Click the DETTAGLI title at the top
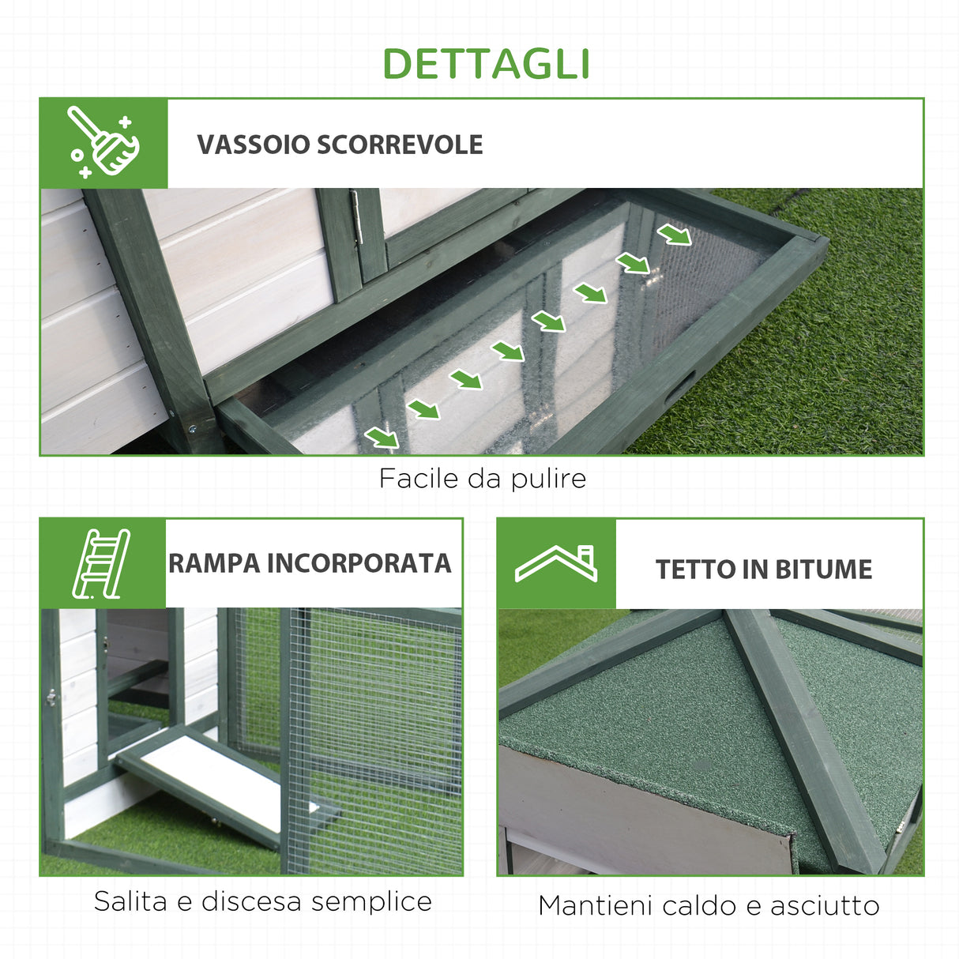[486, 65]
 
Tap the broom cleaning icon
[103, 143]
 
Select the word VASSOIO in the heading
[253, 145]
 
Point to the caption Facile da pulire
[482, 479]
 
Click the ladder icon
[101, 563]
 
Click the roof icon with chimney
[556, 563]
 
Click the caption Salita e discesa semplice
[262, 901]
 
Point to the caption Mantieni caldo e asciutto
[709, 905]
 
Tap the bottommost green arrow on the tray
[382, 438]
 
